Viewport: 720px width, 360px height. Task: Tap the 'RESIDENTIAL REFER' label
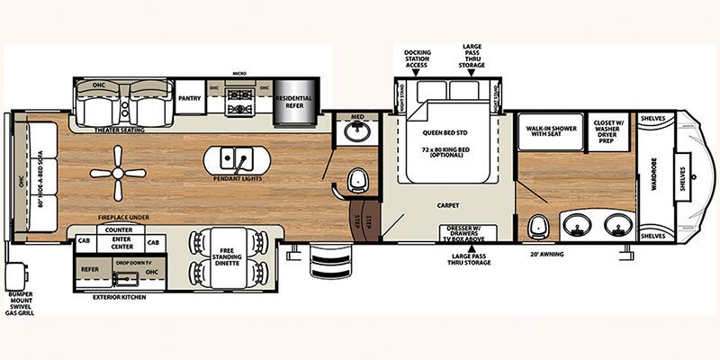coord(293,101)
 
